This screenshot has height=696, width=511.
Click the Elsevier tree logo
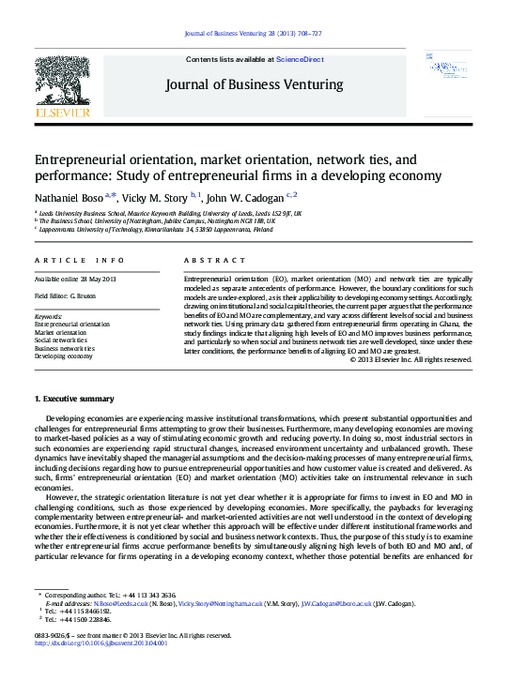[x=62, y=85]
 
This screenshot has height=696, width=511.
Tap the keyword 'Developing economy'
[x=63, y=356]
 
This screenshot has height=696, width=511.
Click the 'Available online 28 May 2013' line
[x=74, y=280]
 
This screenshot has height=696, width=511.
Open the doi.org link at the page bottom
[x=101, y=643]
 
